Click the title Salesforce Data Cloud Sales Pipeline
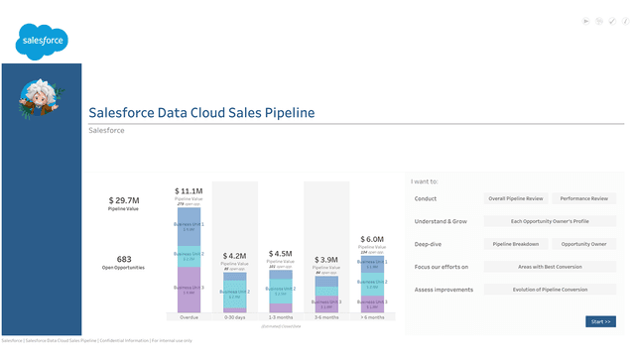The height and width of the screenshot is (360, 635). pyautogui.click(x=201, y=113)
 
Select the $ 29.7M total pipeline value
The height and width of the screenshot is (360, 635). pyautogui.click(x=124, y=200)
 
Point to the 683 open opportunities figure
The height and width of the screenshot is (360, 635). pyautogui.click(x=124, y=259)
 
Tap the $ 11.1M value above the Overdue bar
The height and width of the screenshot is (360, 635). pyautogui.click(x=189, y=190)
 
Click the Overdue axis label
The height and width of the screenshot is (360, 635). pyautogui.click(x=189, y=318)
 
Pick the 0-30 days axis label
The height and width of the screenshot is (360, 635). pyautogui.click(x=234, y=318)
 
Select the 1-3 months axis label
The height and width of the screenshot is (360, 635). pyautogui.click(x=281, y=318)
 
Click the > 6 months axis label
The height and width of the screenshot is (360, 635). pyautogui.click(x=373, y=318)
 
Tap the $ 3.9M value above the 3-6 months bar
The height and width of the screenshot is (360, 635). pyautogui.click(x=327, y=260)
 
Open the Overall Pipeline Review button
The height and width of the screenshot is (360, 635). pyautogui.click(x=514, y=198)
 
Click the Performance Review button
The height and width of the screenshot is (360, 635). pyautogui.click(x=583, y=198)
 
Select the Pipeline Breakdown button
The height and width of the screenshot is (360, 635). pyautogui.click(x=514, y=244)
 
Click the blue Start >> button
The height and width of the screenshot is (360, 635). pyautogui.click(x=600, y=321)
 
